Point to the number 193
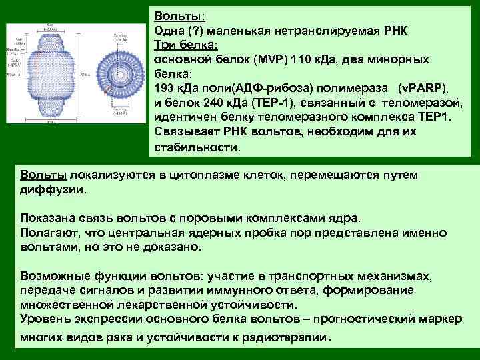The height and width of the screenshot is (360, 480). pos(165,88)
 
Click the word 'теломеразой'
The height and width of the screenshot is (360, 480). pos(425,103)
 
